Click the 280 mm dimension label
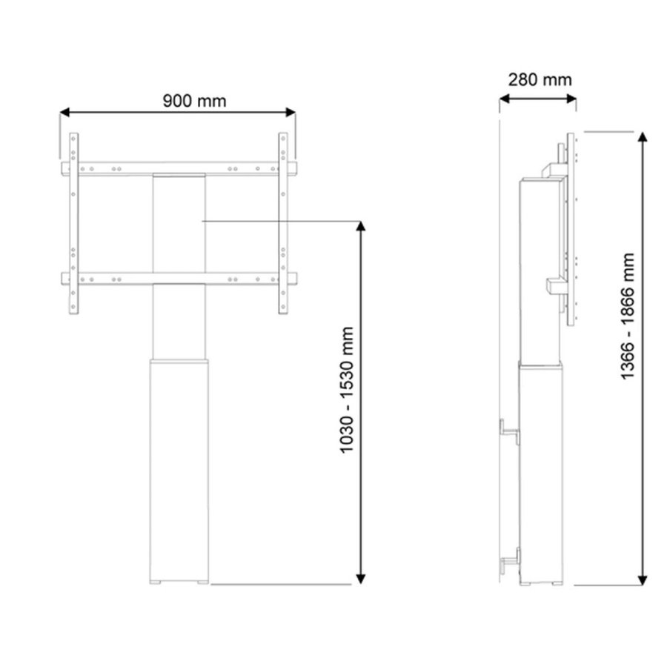pos(540,79)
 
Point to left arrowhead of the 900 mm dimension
pos(64,113)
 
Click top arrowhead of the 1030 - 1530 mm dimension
pos(362,225)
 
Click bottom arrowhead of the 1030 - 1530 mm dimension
pos(362,580)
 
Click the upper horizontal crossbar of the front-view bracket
pos(178,170)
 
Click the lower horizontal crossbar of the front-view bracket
pos(178,279)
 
